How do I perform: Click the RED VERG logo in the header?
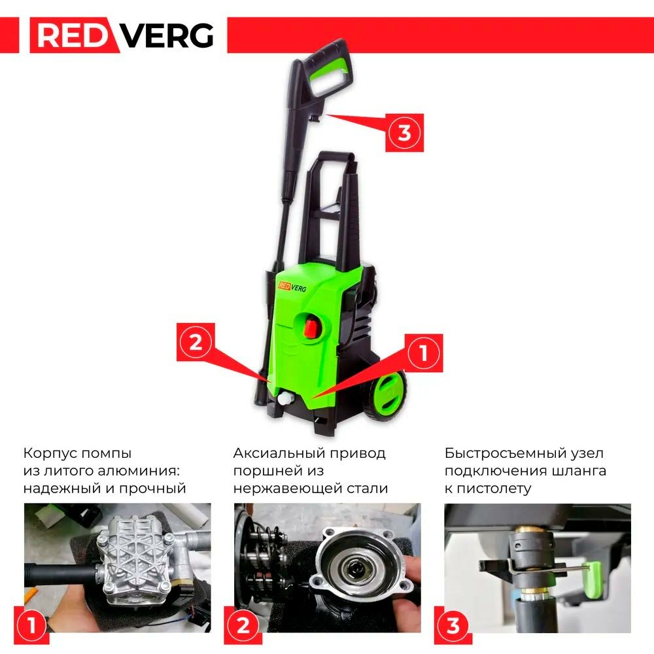(123, 35)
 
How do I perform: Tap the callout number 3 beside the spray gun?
(404, 133)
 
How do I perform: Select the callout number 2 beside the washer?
(196, 342)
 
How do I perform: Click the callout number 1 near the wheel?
(424, 353)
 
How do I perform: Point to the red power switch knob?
(311, 326)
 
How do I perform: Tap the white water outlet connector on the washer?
(286, 398)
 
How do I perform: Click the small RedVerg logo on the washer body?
(292, 287)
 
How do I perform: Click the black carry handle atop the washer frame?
(336, 157)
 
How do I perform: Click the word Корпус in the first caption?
(49, 454)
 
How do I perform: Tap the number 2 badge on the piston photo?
(243, 625)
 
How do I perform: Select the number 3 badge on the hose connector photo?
(453, 625)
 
